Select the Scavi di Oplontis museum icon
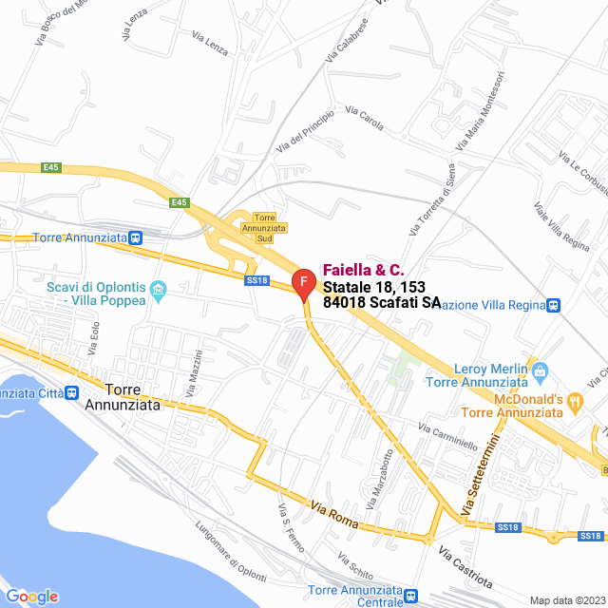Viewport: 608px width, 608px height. pyautogui.click(x=159, y=288)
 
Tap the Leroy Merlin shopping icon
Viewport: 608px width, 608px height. pyautogui.click(x=541, y=370)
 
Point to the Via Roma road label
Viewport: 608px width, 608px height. pyautogui.click(x=333, y=517)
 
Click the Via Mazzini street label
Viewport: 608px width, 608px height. pyautogui.click(x=197, y=374)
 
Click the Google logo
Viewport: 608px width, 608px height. pyautogui.click(x=31, y=597)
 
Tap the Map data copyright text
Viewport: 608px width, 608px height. pyautogui.click(x=566, y=599)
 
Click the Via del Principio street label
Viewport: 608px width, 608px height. pyautogui.click(x=305, y=131)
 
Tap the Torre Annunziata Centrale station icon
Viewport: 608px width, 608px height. pyautogui.click(x=410, y=596)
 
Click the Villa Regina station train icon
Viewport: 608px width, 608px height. pyautogui.click(x=554, y=305)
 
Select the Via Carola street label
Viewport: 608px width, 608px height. pyautogui.click(x=365, y=119)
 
